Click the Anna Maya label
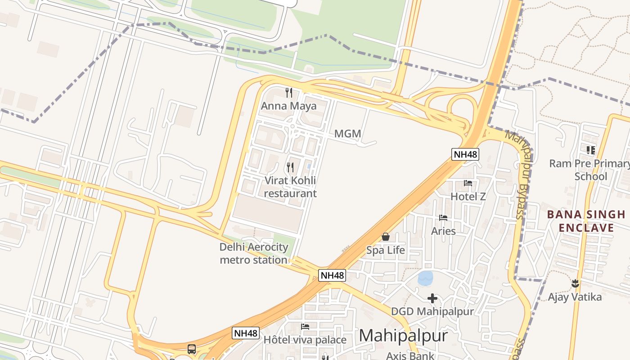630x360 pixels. pos(288,106)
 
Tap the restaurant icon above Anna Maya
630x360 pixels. pos(289,93)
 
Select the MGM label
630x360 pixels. pos(348,134)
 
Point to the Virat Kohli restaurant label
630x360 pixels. pos(290,187)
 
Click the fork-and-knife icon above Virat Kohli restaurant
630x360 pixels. pos(290,167)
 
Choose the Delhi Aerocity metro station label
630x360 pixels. pos(253,253)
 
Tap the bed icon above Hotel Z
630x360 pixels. pos(468,183)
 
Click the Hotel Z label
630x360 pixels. pos(468,197)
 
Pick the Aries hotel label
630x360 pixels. pos(443,231)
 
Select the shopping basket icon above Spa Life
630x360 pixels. pos(385,237)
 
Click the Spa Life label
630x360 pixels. pos(385,250)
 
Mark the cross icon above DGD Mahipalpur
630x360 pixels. pos(432,298)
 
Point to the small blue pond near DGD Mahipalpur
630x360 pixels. pos(425,278)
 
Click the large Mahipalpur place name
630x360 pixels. pos(403,336)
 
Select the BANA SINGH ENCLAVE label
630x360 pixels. pos(580,221)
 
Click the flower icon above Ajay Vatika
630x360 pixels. pos(575,283)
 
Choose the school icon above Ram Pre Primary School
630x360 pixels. pos(590,150)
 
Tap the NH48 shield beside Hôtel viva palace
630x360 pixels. pos(246,333)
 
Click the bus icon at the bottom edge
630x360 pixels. pos(192,349)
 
